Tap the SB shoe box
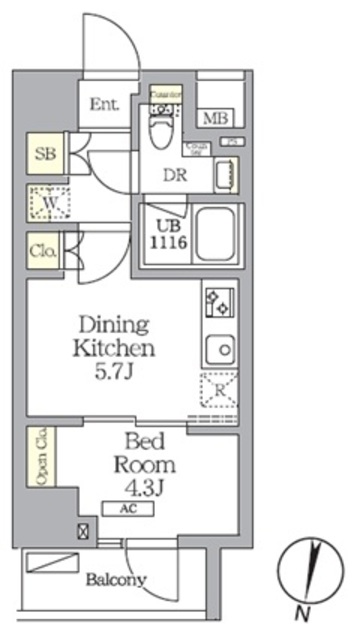click(x=43, y=154)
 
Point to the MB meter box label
click(x=215, y=119)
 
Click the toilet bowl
click(x=163, y=128)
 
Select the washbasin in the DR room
click(x=226, y=175)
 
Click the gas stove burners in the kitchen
click(x=217, y=301)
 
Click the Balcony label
click(x=115, y=579)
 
